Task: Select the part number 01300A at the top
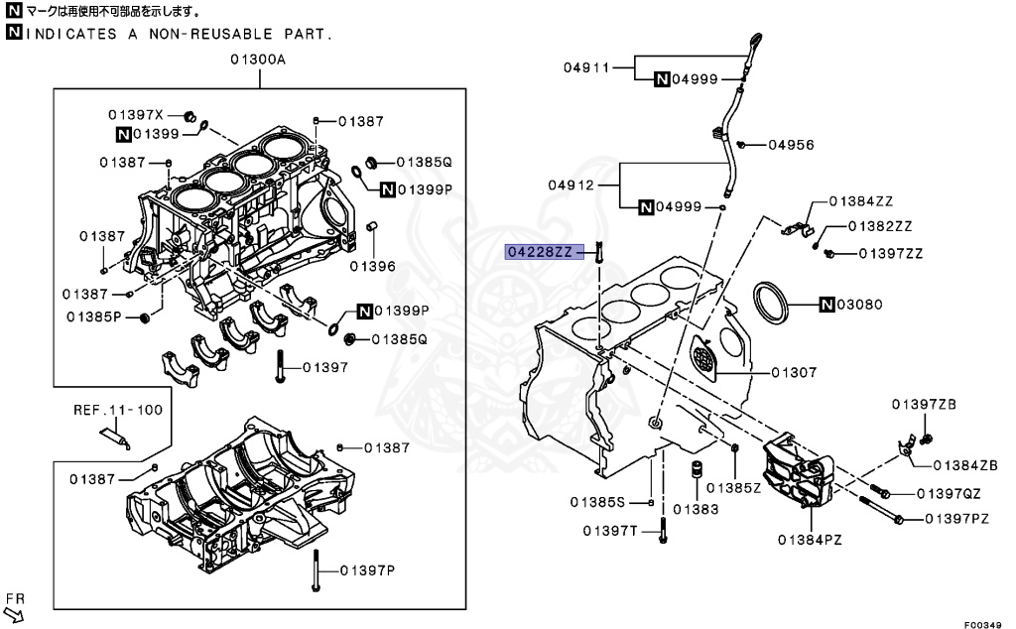pos(258,60)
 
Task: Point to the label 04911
pos(584,68)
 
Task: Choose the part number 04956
pos(790,145)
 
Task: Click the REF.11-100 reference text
pos(118,409)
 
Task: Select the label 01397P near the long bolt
pos(366,570)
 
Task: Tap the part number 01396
pos(372,266)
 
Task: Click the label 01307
pos(794,373)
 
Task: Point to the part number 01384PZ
pos(810,540)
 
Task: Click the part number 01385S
pos(598,501)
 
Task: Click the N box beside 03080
pos(827,304)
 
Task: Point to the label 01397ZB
pos(923,404)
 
